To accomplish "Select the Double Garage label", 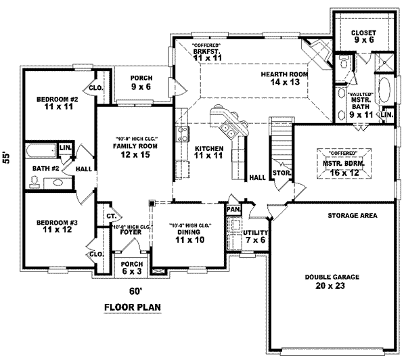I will [331, 282].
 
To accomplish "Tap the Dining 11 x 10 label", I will [189, 236].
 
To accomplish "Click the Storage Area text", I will [353, 216].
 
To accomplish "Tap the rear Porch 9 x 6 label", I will [141, 81].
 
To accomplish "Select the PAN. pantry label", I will [233, 210].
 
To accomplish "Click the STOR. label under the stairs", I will [281, 174].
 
